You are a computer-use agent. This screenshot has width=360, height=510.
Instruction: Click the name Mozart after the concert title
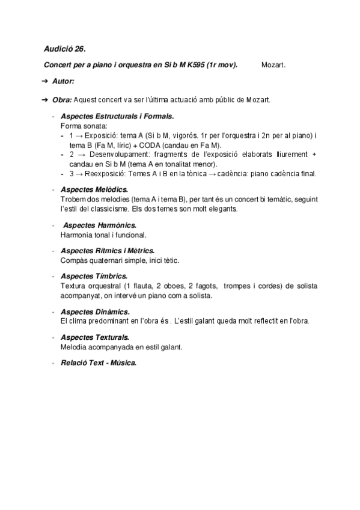pyautogui.click(x=273, y=65)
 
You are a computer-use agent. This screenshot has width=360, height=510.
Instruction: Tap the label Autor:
pyautogui.click(x=64, y=81)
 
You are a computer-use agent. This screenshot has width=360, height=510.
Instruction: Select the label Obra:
pyautogui.click(x=63, y=99)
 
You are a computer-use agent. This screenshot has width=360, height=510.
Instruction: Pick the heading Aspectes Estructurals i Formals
pyautogui.click(x=117, y=116)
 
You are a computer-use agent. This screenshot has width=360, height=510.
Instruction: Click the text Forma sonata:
pyautogui.click(x=84, y=126)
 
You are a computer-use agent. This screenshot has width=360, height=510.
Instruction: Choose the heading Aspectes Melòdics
pyautogui.click(x=94, y=189)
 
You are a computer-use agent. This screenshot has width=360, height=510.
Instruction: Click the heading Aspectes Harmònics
pyautogui.click(x=100, y=225)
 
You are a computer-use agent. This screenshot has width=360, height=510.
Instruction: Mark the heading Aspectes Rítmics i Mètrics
pyautogui.click(x=108, y=250)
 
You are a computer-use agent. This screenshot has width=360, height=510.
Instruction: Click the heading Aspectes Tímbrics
pyautogui.click(x=94, y=275)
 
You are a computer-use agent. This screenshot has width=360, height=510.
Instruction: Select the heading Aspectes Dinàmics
pyautogui.click(x=95, y=312)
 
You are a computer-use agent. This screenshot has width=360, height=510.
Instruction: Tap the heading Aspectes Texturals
pyautogui.click(x=95, y=337)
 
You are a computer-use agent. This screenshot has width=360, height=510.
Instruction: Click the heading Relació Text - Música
pyautogui.click(x=99, y=363)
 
